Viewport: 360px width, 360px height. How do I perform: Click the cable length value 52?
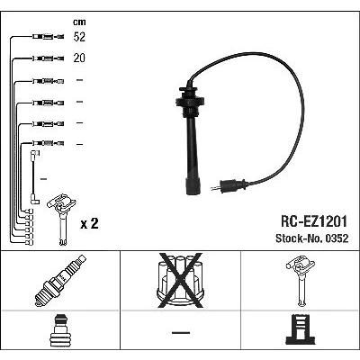click(x=79, y=37)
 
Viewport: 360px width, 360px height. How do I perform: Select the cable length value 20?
click(x=79, y=58)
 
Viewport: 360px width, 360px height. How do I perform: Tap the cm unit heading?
click(x=79, y=22)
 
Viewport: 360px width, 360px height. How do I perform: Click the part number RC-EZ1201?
click(x=314, y=221)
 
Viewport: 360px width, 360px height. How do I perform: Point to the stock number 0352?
click(x=337, y=238)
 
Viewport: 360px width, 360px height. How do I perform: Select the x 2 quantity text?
click(x=89, y=223)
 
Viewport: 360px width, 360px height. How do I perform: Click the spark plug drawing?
click(x=60, y=281)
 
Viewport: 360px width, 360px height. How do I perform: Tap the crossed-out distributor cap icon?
click(x=181, y=280)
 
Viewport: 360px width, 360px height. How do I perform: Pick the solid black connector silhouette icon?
click(x=300, y=329)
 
